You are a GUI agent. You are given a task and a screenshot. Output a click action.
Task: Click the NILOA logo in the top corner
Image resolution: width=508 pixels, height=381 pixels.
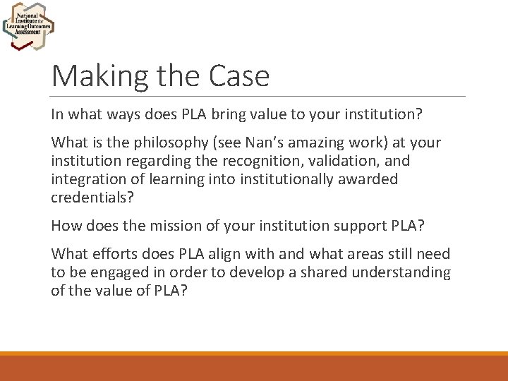click(x=28, y=25)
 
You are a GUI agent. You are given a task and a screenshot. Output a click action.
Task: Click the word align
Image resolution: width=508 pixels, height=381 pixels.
click(x=232, y=255)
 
